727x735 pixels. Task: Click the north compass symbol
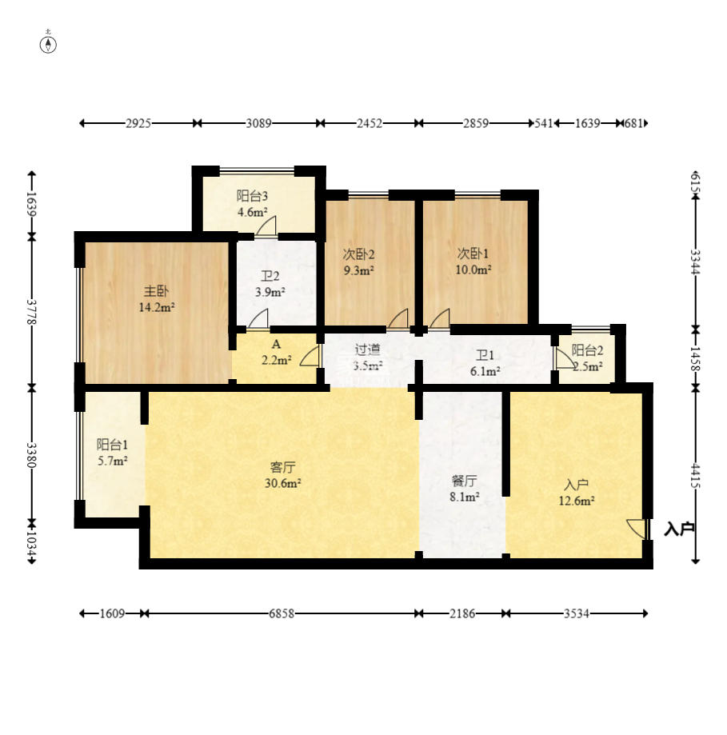pyautogui.click(x=48, y=44)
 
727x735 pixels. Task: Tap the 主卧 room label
pyautogui.click(x=156, y=291)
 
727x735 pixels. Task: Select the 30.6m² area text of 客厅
pyautogui.click(x=282, y=483)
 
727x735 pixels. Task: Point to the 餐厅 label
pyautogui.click(x=464, y=481)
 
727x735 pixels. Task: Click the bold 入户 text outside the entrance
pyautogui.click(x=679, y=529)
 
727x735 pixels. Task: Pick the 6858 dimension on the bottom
pyautogui.click(x=282, y=613)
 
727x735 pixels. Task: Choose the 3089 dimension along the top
pyautogui.click(x=259, y=123)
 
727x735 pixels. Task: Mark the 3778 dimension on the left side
pyautogui.click(x=32, y=312)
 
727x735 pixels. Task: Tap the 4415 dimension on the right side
pyautogui.click(x=696, y=476)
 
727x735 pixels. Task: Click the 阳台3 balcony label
pyautogui.click(x=252, y=195)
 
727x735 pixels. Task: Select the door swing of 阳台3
pyautogui.click(x=266, y=226)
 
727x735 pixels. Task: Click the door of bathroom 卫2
pyautogui.click(x=258, y=319)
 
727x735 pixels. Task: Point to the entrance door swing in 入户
pyautogui.click(x=637, y=529)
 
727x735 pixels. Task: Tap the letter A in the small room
pyautogui.click(x=277, y=345)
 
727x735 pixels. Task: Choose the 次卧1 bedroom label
pyautogui.click(x=473, y=254)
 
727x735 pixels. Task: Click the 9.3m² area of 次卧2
pyautogui.click(x=358, y=270)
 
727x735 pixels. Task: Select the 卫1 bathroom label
pyautogui.click(x=485, y=355)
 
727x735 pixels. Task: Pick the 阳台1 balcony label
pyautogui.click(x=113, y=445)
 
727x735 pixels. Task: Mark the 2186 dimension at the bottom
pyautogui.click(x=462, y=613)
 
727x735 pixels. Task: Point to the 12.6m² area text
pyautogui.click(x=577, y=501)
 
